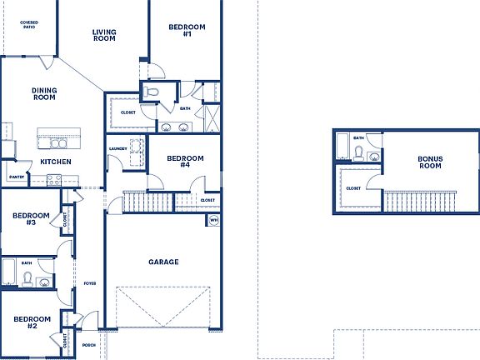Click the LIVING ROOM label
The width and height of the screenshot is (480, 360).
104,35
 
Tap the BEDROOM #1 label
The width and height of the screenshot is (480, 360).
181,30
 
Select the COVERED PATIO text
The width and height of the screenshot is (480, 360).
28,24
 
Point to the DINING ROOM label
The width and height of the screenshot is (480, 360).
44,94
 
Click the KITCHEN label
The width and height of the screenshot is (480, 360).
55,162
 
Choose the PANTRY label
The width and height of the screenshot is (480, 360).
16,177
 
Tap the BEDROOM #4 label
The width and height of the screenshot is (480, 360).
185,162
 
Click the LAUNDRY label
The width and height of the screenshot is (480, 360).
117,149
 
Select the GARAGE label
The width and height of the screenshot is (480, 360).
163,262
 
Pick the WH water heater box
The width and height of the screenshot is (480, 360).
214,220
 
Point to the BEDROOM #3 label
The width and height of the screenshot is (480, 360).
30,219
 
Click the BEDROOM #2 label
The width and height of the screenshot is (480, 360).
32,322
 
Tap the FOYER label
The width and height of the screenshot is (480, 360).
89,283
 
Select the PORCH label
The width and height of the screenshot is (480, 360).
89,345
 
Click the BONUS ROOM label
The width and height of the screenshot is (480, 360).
430,162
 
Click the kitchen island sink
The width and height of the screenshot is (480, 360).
59,142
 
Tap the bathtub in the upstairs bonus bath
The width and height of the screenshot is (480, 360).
342,149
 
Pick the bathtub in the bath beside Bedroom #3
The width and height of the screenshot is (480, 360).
8,272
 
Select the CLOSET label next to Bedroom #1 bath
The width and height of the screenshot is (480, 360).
128,112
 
